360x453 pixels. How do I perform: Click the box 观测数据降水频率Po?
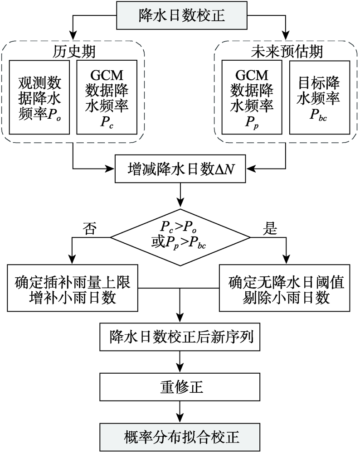pyautogui.click(x=39, y=96)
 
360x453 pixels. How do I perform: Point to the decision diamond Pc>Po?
pyautogui.click(x=180, y=236)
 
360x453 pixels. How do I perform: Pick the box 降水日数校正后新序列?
pyautogui.click(x=180, y=338)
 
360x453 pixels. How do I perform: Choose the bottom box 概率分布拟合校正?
pyautogui.click(x=180, y=437)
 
